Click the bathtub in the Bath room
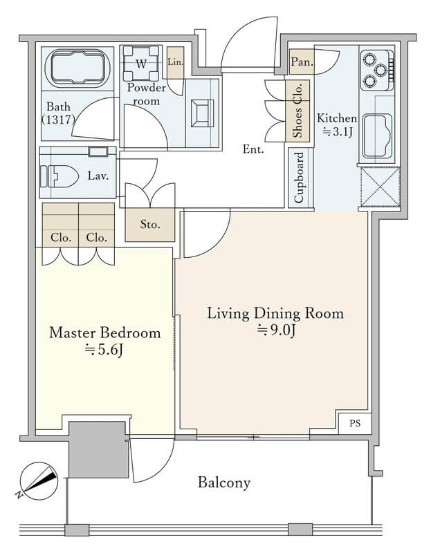pyautogui.click(x=78, y=67)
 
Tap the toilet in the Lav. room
pyautogui.click(x=59, y=176)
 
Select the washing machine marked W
pyautogui.click(x=141, y=63)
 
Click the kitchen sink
pyautogui.click(x=378, y=135)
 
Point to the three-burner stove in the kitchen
pyautogui.click(x=377, y=70)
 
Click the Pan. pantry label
pyautogui.click(x=302, y=62)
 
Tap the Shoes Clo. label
pyautogui.click(x=297, y=111)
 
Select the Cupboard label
pyautogui.click(x=299, y=178)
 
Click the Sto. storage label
pyautogui.click(x=150, y=223)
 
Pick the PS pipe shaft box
pyautogui.click(x=355, y=423)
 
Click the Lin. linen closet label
pyautogui.click(x=175, y=62)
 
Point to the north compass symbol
pyautogui.click(x=38, y=481)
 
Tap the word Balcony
pyautogui.click(x=223, y=482)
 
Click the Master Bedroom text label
pyautogui.click(x=105, y=333)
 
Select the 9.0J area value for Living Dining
pyautogui.click(x=277, y=331)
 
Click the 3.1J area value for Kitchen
pyautogui.click(x=338, y=132)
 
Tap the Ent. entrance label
pyautogui.click(x=253, y=149)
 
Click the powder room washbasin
pyautogui.click(x=202, y=113)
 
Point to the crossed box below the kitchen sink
pyautogui.click(x=380, y=187)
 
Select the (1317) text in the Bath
pyautogui.click(x=58, y=120)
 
